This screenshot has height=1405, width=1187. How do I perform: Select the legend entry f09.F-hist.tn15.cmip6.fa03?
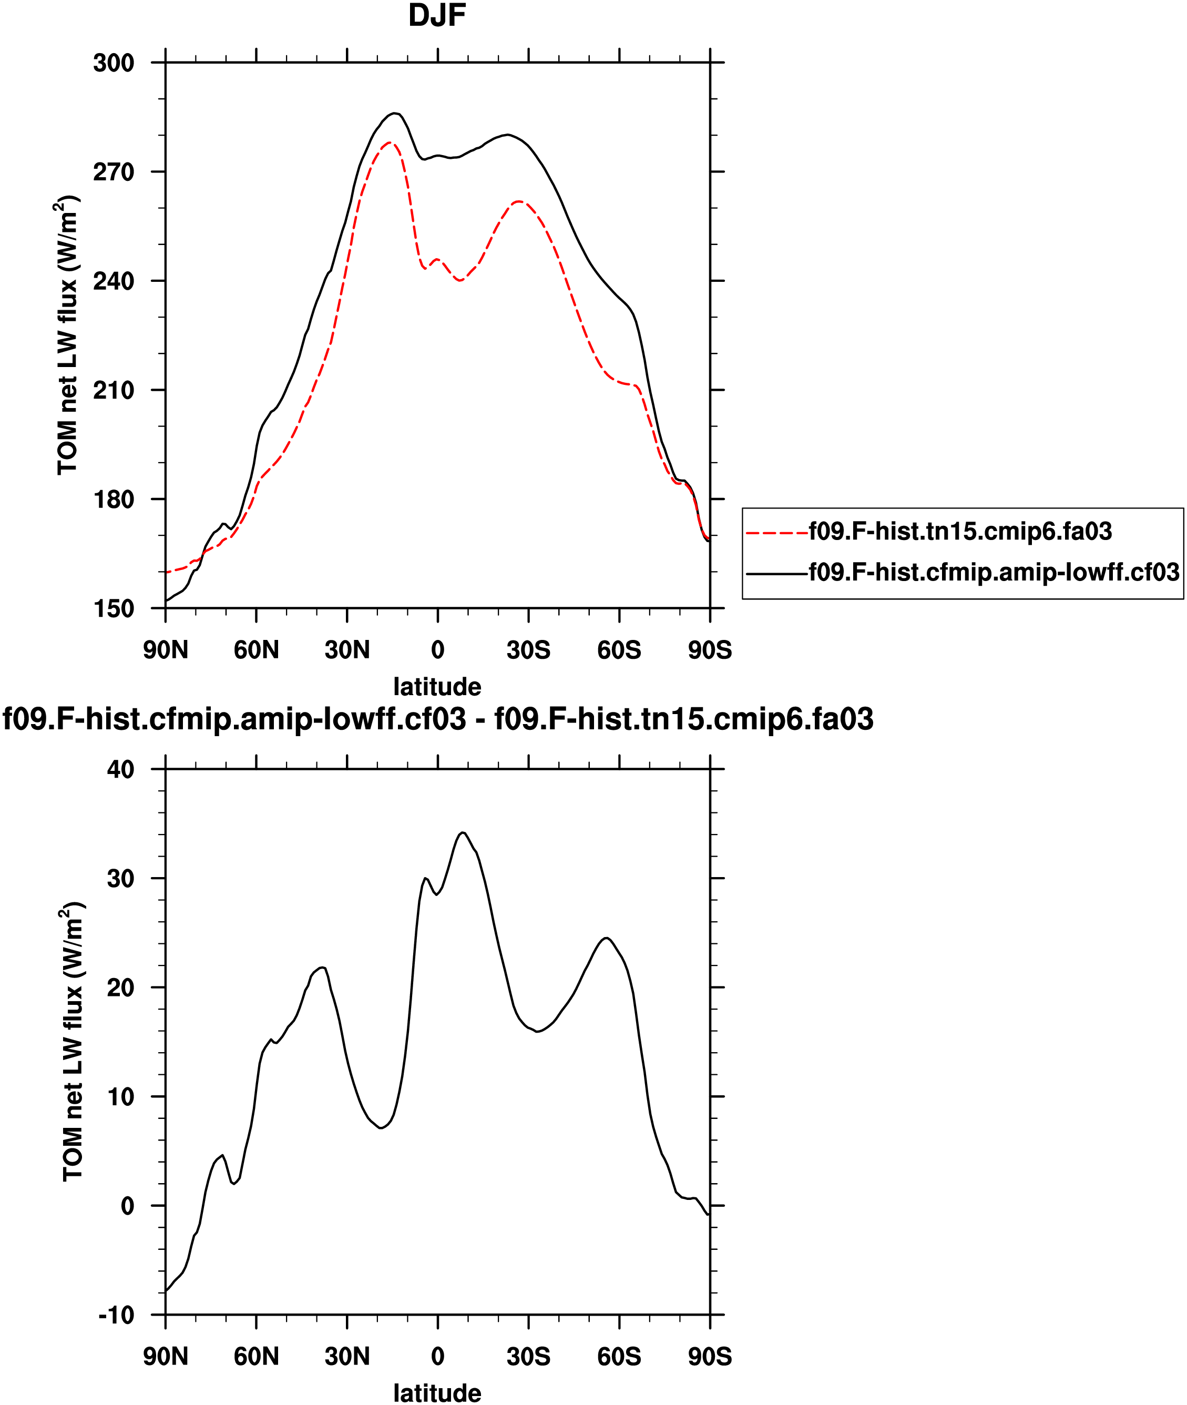coord(960,532)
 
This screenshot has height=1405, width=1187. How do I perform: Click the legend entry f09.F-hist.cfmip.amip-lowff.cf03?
coord(994,572)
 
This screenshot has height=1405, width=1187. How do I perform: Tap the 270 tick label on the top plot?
coord(114,172)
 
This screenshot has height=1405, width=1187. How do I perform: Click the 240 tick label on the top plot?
coord(114,281)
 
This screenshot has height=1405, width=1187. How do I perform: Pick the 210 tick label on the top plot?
coord(114,390)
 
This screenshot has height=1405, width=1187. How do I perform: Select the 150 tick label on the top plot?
coord(114,608)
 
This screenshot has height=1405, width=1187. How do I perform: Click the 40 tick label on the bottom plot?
coord(120,770)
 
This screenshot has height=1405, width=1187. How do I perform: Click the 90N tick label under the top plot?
coord(166,650)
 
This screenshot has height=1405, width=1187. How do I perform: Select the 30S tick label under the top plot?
coord(528,650)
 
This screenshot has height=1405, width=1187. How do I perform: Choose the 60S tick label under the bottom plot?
coord(619,1357)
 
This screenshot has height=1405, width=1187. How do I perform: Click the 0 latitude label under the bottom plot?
coord(437,1357)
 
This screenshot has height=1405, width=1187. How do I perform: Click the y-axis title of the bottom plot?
coord(73,1042)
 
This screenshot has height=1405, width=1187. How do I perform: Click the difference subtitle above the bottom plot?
coord(438,719)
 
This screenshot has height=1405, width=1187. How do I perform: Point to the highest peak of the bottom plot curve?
coord(463,832)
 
